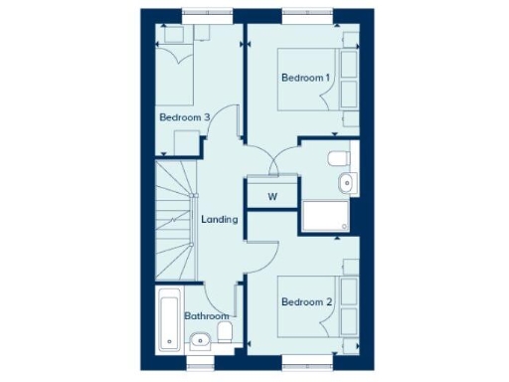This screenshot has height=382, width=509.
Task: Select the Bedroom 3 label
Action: (x=184, y=117)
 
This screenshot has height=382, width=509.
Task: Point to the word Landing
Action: (x=219, y=220)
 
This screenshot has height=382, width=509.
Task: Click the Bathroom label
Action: (x=207, y=316)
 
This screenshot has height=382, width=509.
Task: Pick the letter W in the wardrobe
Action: (x=270, y=196)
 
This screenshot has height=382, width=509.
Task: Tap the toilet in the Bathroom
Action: (x=226, y=332)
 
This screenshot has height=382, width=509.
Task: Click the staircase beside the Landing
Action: (x=176, y=220)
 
